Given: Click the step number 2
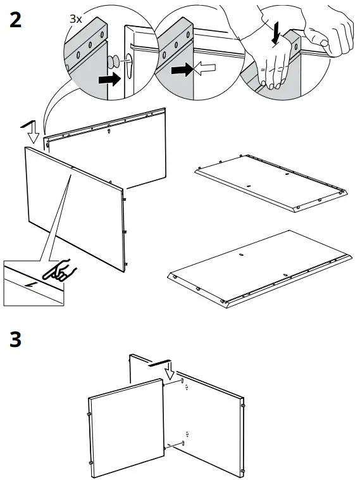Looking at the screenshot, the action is click(16, 20).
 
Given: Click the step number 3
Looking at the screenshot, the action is click(16, 339).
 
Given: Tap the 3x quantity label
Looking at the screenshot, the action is click(76, 19).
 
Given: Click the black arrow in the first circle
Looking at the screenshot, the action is click(109, 79).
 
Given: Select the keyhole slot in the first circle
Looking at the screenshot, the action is click(129, 62).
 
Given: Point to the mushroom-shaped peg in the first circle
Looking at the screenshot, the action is click(113, 62).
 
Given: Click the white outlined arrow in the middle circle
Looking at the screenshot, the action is click(205, 68).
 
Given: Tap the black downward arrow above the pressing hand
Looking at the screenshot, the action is click(277, 35).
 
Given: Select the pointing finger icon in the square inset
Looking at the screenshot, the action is click(59, 270).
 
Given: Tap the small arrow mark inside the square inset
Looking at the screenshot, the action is click(31, 286).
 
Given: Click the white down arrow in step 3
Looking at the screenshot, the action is click(169, 370).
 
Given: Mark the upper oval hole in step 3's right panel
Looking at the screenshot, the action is click(182, 381).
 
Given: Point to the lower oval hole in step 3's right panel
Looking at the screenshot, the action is click(183, 443).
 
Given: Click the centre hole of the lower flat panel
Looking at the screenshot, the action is click(241, 255).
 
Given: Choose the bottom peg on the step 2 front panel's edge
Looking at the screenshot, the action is click(125, 264).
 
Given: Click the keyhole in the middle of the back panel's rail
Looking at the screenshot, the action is click(109, 131).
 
